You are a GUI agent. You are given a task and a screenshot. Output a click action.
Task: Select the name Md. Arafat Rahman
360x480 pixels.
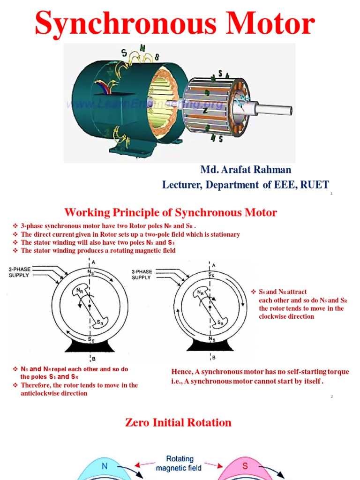point(246,170)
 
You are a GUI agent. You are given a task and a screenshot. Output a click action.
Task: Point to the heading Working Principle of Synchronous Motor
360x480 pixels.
point(171,213)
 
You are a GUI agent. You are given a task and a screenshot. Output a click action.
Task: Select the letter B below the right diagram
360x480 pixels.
point(214,358)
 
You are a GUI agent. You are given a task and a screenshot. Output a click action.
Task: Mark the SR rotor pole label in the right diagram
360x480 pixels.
point(220,323)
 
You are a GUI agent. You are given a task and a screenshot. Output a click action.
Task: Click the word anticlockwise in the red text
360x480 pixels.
point(41,393)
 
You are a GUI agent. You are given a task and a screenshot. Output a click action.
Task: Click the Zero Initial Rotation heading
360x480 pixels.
point(178,422)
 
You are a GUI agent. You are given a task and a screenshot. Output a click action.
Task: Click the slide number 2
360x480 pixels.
point(331,397)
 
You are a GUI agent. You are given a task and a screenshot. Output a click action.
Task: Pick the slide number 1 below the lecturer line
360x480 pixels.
point(331,194)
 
